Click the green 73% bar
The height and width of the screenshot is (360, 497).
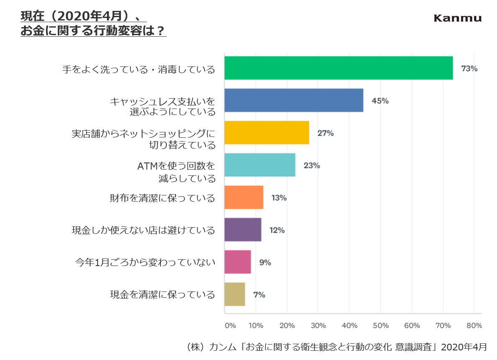point(339,68)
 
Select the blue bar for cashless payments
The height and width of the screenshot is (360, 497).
point(294,100)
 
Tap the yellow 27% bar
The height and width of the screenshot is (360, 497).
point(267,133)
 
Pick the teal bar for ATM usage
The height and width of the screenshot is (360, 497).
point(260,165)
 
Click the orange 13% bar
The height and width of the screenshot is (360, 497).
point(244,197)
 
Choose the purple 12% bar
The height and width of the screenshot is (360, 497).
point(243,230)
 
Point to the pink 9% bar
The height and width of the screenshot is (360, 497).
point(237,262)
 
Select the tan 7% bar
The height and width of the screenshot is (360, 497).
point(234,294)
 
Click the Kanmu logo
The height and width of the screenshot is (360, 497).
point(457,18)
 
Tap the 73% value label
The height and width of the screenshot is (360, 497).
point(469,68)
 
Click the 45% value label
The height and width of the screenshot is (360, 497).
point(380,101)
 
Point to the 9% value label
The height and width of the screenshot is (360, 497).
point(265,263)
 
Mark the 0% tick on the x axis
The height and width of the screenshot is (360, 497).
point(230,326)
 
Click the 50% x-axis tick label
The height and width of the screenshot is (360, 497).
point(380,326)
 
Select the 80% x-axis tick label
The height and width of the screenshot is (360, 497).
point(474,326)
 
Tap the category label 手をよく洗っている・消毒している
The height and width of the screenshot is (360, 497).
point(139,69)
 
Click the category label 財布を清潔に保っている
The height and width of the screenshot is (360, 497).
point(163,198)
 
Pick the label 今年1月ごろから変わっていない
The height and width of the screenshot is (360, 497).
point(145,262)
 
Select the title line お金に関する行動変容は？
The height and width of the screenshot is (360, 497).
point(93,31)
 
